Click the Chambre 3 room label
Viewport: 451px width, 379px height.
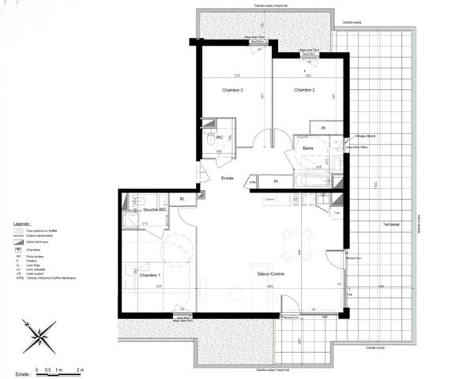231,91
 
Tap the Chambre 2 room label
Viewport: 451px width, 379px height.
305,91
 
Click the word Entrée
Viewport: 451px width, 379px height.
227,178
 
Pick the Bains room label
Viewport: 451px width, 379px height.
309,148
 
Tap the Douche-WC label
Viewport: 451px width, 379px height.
155,210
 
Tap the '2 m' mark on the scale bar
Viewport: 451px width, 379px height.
80,369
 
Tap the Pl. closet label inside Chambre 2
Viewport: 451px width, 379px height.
323,128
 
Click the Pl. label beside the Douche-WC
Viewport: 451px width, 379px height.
182,199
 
